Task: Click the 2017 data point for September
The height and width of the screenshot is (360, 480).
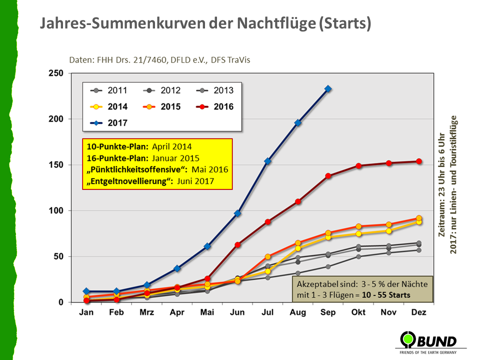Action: (328, 89)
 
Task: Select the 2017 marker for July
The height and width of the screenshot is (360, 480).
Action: (267, 161)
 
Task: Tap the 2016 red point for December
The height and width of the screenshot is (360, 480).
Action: (419, 161)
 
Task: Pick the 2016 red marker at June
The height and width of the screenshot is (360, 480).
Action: (237, 245)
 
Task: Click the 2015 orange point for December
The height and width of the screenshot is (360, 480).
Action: (419, 218)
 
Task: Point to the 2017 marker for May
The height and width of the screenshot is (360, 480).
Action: (207, 246)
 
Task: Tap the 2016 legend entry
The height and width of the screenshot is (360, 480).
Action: (215, 106)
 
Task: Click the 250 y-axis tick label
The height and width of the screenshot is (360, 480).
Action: (56, 73)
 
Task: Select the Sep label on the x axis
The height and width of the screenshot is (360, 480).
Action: (328, 312)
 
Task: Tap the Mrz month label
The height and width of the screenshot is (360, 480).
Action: (146, 312)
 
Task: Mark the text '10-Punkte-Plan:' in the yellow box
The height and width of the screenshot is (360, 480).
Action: (115, 147)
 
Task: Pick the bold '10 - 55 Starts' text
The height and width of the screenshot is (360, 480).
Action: (383, 295)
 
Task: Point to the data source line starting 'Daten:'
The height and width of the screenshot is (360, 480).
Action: (160, 60)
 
